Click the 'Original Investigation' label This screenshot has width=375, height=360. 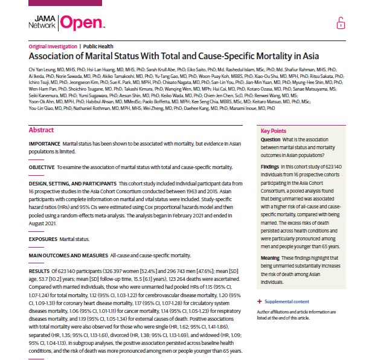(x=53, y=47)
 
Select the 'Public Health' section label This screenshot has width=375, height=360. (x=99, y=47)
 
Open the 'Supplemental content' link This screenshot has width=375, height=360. (x=287, y=301)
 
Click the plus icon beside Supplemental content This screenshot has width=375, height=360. (x=260, y=301)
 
